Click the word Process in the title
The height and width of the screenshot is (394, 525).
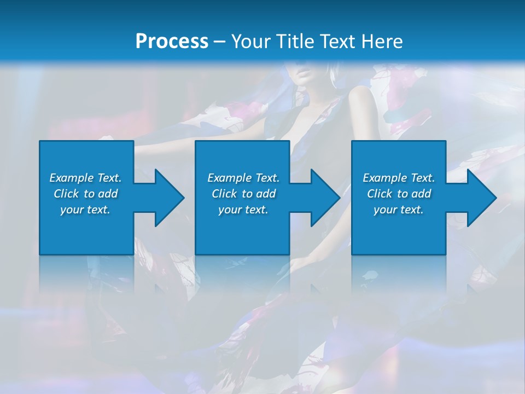pos(172,41)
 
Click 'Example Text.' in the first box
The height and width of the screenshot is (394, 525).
pos(85,178)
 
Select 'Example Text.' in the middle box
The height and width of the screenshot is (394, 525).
pos(243,178)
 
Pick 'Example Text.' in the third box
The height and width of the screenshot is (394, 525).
pos(399,178)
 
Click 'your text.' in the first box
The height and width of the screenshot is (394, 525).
pos(85,210)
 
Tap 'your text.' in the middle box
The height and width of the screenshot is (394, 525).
pos(243,210)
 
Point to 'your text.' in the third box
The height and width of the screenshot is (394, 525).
pos(399,210)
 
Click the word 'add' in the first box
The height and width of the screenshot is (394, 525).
pos(108,194)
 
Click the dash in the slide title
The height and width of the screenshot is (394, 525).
pos(219,42)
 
